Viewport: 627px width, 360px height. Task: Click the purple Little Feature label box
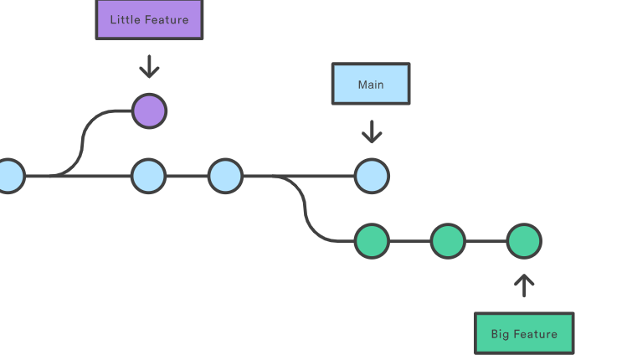click(x=149, y=19)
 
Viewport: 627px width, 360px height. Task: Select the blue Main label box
click(x=371, y=84)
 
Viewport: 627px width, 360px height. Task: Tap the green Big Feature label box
click(x=524, y=333)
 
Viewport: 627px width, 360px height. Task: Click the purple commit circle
click(x=149, y=111)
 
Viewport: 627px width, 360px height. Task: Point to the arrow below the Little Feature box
click(x=149, y=66)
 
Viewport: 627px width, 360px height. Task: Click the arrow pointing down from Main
click(x=371, y=131)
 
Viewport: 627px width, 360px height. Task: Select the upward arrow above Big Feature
click(x=524, y=285)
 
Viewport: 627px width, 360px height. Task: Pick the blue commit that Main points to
click(x=372, y=177)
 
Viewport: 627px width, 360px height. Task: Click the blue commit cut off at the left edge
click(x=9, y=177)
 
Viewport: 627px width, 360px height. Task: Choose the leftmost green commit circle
click(x=372, y=241)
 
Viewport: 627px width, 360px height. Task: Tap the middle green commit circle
click(x=448, y=241)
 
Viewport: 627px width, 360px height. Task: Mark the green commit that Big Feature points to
click(x=524, y=241)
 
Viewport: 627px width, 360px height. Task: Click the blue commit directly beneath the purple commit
click(x=149, y=177)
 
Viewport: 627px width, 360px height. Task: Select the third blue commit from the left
click(x=225, y=177)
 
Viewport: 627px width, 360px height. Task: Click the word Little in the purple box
click(x=126, y=19)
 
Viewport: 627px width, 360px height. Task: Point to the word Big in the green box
click(x=500, y=334)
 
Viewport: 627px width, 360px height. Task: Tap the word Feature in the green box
click(x=535, y=334)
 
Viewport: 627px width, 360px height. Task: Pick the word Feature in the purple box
click(x=167, y=19)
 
